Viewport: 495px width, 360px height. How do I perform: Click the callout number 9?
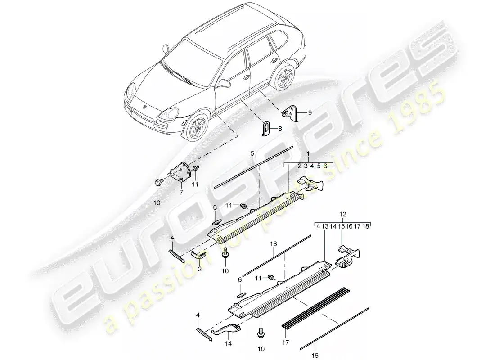click(x=310, y=113)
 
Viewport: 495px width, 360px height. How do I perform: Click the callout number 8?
click(x=280, y=129)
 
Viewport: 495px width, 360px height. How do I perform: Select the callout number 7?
click(x=181, y=192)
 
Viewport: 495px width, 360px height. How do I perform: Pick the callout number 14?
click(x=229, y=343)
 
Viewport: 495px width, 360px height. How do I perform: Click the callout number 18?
click(x=274, y=244)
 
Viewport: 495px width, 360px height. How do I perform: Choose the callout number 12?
click(x=343, y=214)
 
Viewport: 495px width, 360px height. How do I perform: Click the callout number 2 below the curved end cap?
click(x=199, y=269)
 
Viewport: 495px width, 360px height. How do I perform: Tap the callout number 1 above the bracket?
click(x=308, y=153)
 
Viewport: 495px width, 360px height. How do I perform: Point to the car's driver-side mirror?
click(x=224, y=83)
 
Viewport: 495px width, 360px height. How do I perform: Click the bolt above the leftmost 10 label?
click(x=159, y=182)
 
